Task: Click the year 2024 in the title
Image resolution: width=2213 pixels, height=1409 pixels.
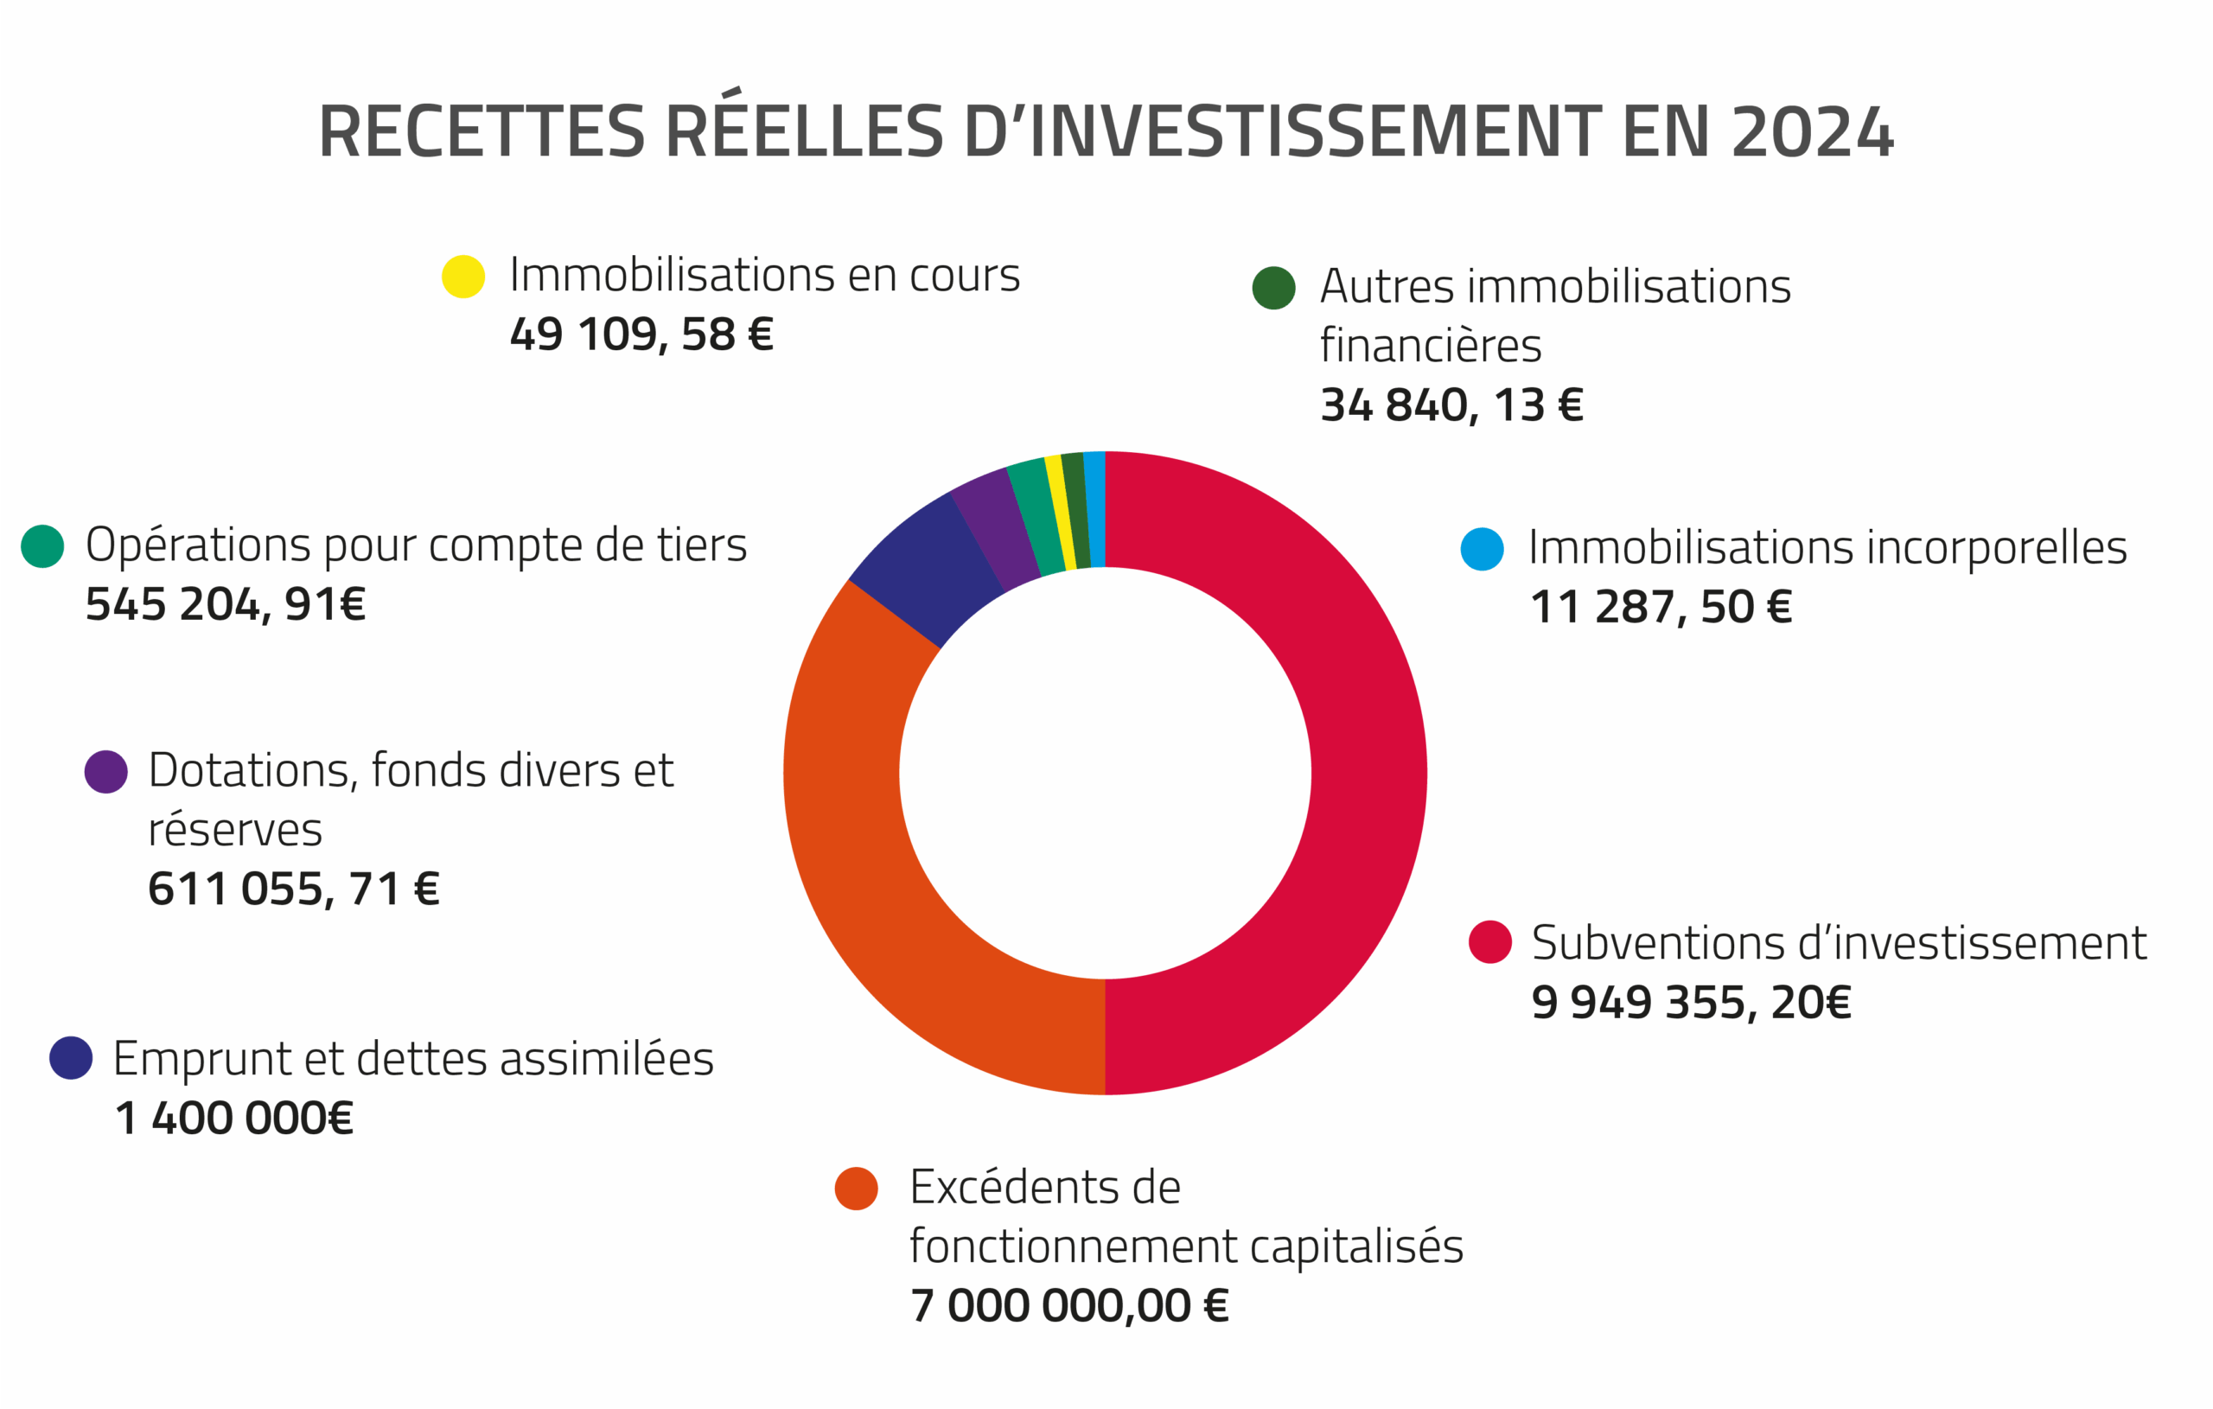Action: pos(1811,132)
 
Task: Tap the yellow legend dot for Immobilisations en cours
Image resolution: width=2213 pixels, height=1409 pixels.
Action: pos(463,277)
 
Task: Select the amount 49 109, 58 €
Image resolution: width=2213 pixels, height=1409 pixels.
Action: pos(641,335)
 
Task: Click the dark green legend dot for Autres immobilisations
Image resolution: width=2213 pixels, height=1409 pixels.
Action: pos(1273,288)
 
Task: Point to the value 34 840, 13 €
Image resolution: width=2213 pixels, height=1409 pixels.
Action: pos(1452,405)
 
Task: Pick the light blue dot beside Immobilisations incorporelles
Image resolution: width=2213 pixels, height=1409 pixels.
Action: pos(1483,550)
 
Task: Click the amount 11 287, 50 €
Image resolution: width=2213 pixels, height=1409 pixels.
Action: pos(1661,608)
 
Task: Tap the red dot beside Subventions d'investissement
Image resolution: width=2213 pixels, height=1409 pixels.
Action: pos(1489,942)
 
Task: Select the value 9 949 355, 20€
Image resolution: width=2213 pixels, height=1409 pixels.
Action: pos(1691,1003)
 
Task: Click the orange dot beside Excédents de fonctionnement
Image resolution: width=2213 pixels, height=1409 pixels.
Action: pos(857,1189)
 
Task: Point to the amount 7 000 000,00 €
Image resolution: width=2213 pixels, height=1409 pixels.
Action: pos(1068,1306)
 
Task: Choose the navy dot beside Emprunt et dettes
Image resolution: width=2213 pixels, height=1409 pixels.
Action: pos(71,1058)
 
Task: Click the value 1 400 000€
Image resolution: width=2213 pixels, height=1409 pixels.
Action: pos(234,1119)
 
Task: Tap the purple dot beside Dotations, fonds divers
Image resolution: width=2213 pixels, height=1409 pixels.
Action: pos(105,772)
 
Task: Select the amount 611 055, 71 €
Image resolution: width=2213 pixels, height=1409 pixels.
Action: pos(294,889)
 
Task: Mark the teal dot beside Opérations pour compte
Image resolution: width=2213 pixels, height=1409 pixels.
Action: pos(42,547)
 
